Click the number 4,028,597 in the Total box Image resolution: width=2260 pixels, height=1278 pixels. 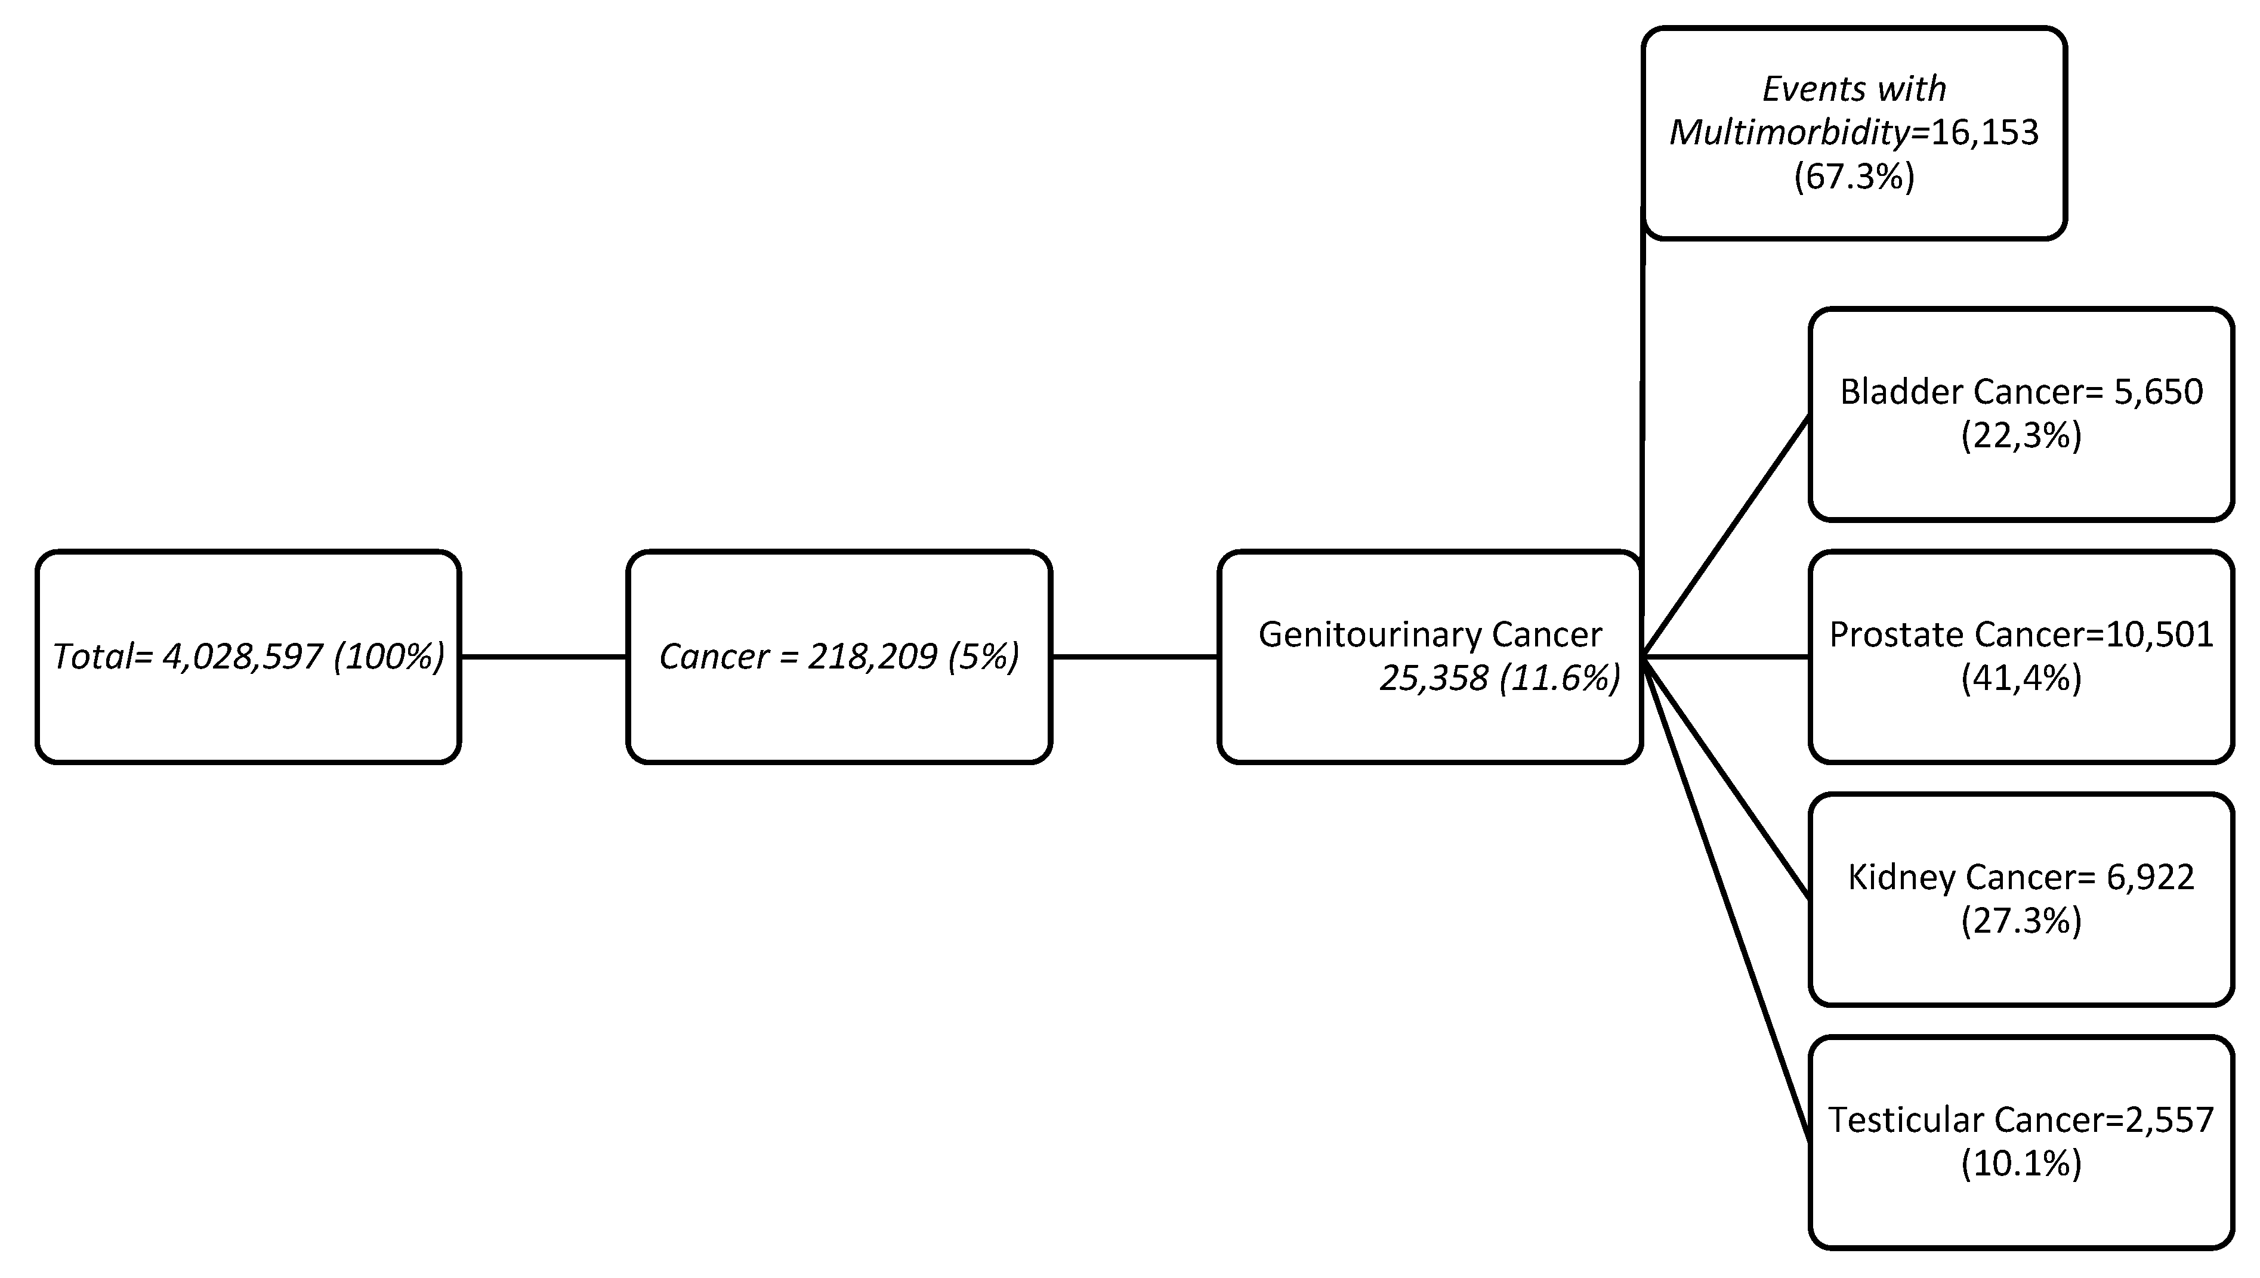243,657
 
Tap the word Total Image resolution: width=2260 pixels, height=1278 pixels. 92,657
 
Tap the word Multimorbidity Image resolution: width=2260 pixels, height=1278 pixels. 1789,132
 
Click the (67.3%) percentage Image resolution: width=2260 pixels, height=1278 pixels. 1854,177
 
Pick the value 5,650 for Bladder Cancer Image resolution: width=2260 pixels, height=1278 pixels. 2158,391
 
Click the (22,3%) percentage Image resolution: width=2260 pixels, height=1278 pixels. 2021,435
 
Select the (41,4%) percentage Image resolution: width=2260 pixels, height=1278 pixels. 2021,679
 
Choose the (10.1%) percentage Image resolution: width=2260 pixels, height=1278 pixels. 2021,1164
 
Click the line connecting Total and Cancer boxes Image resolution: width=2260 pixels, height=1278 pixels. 544,657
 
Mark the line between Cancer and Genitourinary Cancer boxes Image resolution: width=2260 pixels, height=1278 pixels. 1134,657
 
